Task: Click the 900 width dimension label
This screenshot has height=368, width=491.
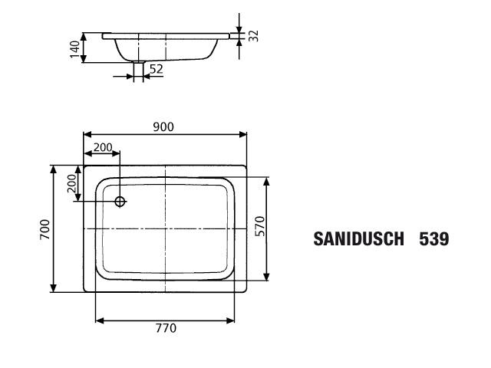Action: click(163, 127)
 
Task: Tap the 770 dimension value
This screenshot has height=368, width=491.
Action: click(166, 328)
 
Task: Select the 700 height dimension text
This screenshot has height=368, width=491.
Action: click(44, 229)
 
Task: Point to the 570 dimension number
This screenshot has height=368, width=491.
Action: click(260, 226)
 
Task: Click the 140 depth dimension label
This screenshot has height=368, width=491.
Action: click(75, 49)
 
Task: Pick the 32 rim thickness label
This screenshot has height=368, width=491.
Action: click(254, 36)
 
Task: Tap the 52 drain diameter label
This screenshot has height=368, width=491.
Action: click(157, 69)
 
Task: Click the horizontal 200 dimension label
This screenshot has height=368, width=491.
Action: click(103, 147)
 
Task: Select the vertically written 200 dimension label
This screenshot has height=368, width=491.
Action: click(71, 183)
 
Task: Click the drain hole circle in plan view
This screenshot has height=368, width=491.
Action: click(120, 202)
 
